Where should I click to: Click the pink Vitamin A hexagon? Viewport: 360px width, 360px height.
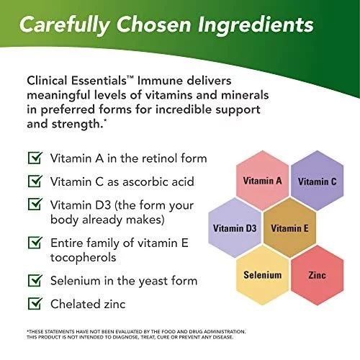262,181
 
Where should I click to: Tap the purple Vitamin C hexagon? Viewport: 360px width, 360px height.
318,181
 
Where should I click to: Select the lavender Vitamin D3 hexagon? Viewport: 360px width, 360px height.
235,228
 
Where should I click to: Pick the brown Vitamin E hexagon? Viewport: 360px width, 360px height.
289,228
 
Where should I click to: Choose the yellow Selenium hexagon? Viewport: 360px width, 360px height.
262,275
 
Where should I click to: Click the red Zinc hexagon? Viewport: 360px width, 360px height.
318,275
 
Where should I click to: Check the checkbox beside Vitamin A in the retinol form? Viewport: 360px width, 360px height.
35,158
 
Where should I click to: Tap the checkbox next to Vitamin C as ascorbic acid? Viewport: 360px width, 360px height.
35,181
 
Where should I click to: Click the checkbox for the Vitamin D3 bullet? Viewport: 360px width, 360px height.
35,204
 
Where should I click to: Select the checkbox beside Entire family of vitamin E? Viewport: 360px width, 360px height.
35,243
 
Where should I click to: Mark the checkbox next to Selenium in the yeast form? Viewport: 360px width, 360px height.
35,280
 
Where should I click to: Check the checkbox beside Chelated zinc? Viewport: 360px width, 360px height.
35,303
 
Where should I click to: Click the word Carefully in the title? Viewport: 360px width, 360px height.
65,25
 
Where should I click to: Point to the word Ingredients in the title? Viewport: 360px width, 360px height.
256,25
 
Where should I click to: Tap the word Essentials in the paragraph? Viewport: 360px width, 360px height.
99,81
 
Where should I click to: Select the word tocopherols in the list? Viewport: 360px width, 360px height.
84,258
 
